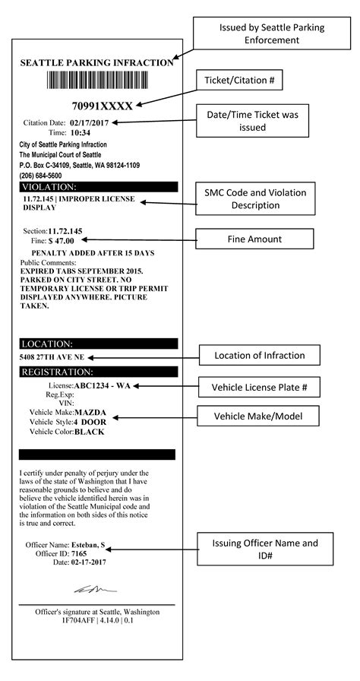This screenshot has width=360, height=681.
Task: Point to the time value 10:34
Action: [x=81, y=132]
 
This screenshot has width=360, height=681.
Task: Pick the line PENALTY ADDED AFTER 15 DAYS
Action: [x=92, y=252]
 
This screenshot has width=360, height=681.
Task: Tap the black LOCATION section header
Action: [x=99, y=344]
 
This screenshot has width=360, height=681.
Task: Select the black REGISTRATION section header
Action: [x=99, y=372]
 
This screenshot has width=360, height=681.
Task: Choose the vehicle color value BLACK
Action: [x=89, y=432]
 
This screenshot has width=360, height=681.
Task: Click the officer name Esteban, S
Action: [x=88, y=546]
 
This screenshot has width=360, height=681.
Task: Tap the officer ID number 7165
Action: [x=81, y=554]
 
